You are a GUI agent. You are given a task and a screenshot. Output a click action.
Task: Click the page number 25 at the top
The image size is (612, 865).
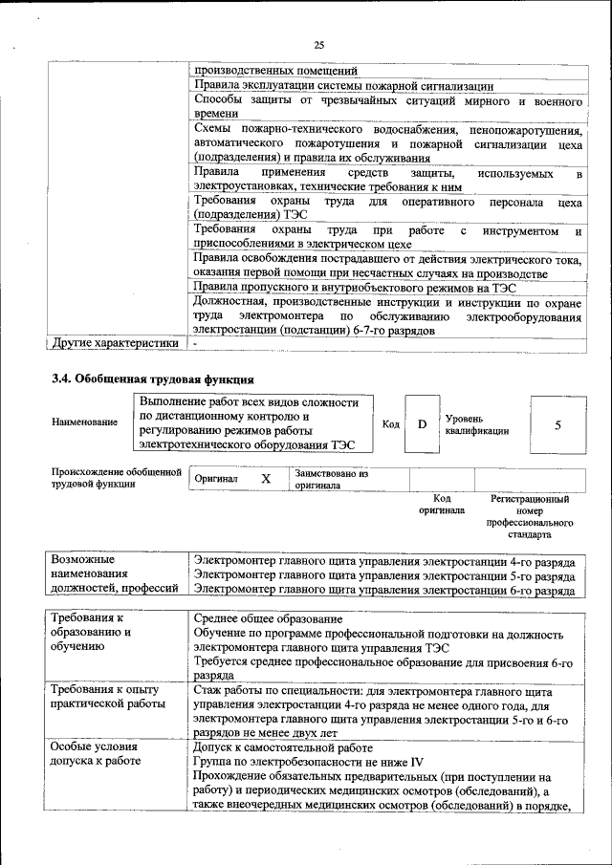click(x=319, y=44)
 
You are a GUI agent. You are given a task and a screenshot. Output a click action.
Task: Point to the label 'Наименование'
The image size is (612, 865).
click(x=86, y=422)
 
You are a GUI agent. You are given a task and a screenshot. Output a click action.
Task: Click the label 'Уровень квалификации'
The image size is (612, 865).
click(x=476, y=424)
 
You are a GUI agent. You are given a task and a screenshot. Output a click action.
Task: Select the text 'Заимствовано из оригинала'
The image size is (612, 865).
click(x=331, y=479)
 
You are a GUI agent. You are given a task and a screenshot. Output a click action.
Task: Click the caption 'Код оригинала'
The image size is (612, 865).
click(x=441, y=505)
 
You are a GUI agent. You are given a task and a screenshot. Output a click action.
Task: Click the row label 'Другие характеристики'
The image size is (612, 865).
click(x=115, y=343)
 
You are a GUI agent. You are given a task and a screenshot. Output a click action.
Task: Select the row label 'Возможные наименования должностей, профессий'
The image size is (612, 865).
click(x=114, y=573)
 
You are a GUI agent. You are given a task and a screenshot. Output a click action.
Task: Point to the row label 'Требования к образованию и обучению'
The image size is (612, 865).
click(x=92, y=632)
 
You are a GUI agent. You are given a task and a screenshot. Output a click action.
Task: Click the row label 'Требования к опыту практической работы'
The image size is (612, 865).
click(x=106, y=697)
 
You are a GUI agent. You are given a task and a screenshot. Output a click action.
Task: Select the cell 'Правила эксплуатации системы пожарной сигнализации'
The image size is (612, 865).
click(x=343, y=85)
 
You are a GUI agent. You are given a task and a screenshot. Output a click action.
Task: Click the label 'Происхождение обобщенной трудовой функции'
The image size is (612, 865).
click(x=116, y=478)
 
